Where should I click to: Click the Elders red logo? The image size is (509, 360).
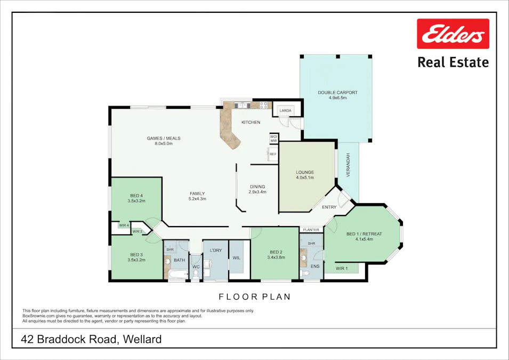coord(453,34)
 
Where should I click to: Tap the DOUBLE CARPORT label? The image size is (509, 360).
coord(337,92)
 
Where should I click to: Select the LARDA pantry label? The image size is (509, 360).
coord(286,111)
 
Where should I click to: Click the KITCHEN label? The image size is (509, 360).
coord(251,122)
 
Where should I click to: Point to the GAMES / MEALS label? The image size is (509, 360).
coord(164,138)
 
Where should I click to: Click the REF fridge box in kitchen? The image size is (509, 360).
coord(273,154)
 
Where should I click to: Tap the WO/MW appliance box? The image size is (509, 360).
coord(273,138)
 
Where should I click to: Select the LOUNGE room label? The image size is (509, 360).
coord(305,172)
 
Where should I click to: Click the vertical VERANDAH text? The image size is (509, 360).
coord(348,165)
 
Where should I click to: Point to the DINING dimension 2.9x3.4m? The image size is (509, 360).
coord(257,192)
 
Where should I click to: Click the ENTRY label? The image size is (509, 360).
coord(329,207)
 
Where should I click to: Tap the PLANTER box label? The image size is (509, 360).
coord(311,230)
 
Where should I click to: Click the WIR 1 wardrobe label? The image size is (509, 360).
coord(341,268)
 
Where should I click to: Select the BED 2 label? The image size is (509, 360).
coord(276,252)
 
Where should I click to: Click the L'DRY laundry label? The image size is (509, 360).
coord(215,250)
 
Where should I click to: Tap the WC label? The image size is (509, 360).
coord(196,266)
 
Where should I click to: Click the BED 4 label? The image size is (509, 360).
coord(136,195)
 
